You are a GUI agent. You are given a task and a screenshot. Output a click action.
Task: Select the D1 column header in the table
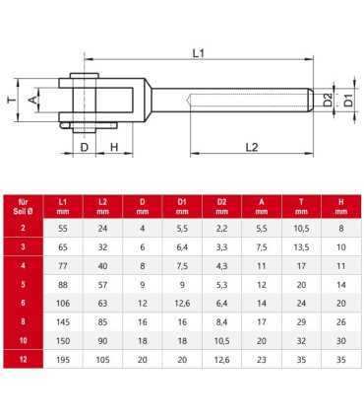[182, 206]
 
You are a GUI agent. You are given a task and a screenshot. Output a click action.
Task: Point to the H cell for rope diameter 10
[340, 368]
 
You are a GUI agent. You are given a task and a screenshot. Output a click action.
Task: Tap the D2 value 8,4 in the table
[221, 348]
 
